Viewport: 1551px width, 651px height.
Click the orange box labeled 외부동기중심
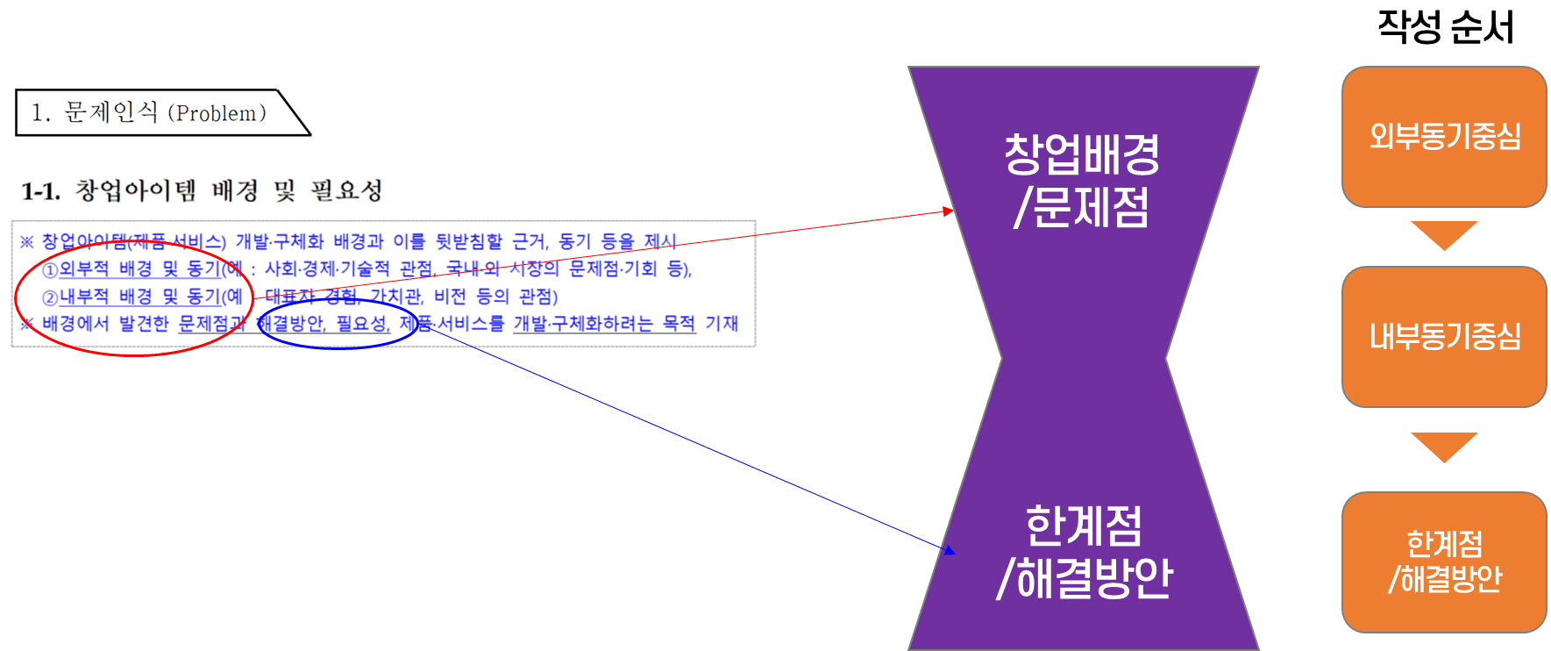(x=1444, y=137)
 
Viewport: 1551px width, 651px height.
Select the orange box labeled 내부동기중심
(x=1444, y=337)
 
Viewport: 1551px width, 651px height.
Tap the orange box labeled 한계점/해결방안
(x=1444, y=562)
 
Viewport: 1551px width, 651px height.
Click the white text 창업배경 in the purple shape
(x=1082, y=154)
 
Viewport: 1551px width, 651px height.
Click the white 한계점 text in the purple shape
(x=1084, y=526)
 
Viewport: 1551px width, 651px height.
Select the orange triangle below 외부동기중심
(x=1444, y=234)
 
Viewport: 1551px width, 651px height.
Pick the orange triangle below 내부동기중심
(x=1444, y=446)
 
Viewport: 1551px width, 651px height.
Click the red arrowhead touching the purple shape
(x=948, y=211)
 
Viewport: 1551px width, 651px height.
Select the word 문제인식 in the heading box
(x=111, y=112)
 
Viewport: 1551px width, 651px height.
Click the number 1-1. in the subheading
(x=41, y=191)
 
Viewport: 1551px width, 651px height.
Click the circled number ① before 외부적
(x=50, y=269)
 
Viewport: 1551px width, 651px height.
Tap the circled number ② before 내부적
(x=50, y=297)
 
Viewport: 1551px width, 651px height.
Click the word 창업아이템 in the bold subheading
(x=136, y=190)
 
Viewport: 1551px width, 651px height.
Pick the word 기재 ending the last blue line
(x=722, y=324)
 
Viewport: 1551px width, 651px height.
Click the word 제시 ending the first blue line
(x=660, y=241)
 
